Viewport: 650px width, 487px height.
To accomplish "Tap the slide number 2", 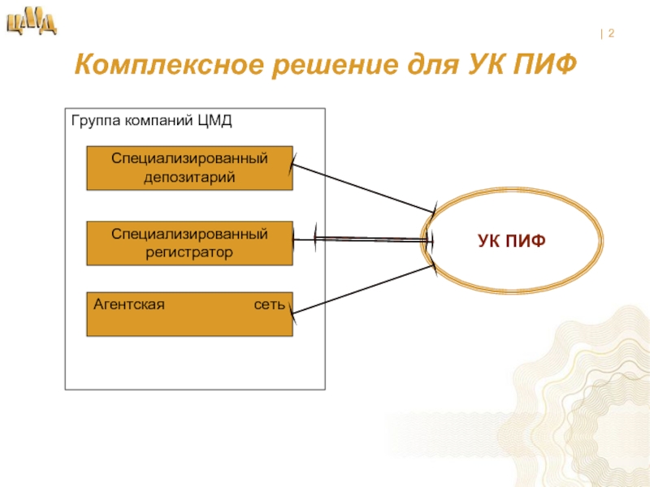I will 610,34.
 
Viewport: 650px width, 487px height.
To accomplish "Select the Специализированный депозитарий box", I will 189,168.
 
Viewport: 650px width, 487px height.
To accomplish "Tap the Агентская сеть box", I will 189,314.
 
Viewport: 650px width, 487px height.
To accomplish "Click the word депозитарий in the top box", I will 190,177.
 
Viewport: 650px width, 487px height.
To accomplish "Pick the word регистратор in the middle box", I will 190,252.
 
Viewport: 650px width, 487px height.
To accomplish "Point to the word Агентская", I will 129,305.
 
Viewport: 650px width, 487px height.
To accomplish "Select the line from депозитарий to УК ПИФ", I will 362,189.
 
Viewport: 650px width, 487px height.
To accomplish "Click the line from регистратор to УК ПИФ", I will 362,239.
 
